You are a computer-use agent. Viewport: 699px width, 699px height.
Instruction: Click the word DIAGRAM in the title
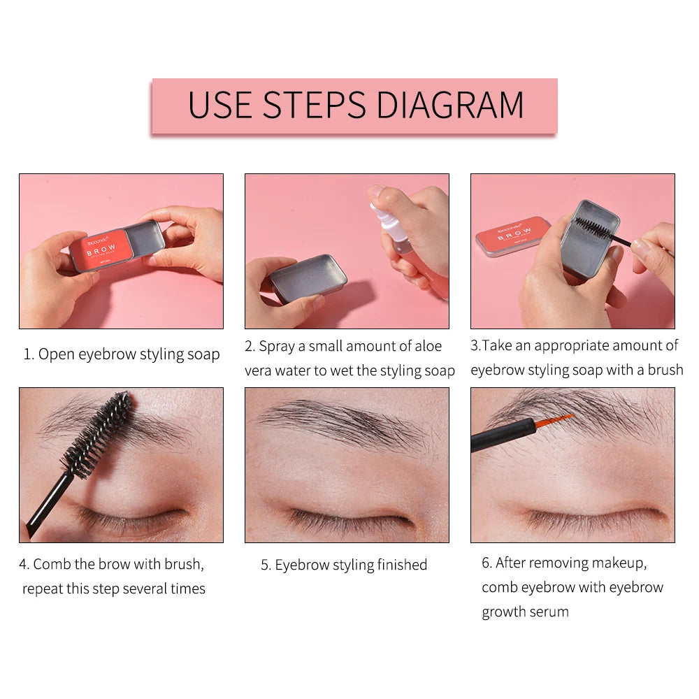point(449,105)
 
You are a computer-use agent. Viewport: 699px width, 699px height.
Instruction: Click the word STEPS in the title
point(315,105)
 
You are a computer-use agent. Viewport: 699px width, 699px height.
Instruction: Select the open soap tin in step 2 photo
point(308,278)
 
